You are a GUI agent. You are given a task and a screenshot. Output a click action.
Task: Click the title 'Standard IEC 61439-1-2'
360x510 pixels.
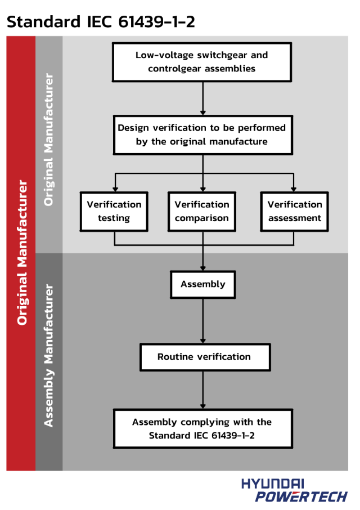[x=101, y=21]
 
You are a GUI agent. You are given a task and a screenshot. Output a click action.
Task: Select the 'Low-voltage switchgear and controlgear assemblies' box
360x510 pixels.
[x=202, y=62]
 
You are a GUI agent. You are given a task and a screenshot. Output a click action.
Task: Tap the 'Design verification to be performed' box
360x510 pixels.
[x=202, y=135]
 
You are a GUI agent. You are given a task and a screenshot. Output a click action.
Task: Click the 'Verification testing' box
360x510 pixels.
[x=114, y=211]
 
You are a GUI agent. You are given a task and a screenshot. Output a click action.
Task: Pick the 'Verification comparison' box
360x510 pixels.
[x=202, y=211]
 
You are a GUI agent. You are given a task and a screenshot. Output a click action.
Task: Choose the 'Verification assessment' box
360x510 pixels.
[x=294, y=211]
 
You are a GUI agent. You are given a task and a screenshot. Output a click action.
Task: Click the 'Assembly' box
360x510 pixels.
[x=202, y=284]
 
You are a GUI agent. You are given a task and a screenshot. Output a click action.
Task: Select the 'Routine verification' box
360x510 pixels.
[x=204, y=357]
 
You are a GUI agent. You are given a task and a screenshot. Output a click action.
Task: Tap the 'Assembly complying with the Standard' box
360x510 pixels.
[x=202, y=429]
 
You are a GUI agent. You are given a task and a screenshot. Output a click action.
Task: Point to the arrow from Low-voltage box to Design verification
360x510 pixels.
[x=202, y=98]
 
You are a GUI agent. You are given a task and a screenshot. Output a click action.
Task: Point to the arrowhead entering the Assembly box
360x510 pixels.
[x=202, y=267]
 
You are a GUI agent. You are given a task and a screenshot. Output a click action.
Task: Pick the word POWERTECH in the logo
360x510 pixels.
[x=301, y=496]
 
